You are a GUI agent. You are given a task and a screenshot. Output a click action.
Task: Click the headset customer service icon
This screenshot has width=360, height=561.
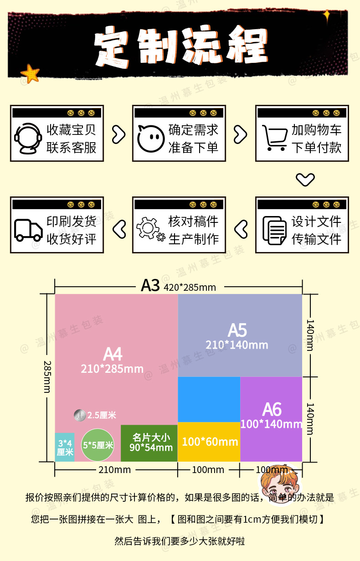(27, 138)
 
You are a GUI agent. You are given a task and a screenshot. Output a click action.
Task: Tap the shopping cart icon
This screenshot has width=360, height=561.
(275, 138)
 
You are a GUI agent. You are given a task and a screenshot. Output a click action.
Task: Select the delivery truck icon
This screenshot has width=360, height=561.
(28, 230)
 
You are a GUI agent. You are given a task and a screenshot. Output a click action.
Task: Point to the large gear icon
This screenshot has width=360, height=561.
(148, 228)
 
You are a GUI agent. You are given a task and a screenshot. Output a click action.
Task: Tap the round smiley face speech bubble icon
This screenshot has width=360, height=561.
(151, 139)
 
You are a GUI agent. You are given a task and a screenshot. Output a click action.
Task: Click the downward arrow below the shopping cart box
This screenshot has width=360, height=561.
(305, 180)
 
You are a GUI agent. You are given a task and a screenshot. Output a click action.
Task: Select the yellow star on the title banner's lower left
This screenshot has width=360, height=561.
(30, 73)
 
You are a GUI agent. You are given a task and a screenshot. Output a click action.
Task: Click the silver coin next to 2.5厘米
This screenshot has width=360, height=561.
(80, 415)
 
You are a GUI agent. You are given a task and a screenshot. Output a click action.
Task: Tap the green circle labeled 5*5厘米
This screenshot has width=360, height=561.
(98, 445)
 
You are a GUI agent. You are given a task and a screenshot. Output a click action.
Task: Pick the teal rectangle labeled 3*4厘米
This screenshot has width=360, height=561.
(65, 447)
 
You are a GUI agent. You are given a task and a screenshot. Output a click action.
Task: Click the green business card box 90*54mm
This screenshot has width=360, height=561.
(149, 443)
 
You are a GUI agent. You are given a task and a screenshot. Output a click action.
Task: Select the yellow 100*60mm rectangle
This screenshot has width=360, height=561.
(209, 442)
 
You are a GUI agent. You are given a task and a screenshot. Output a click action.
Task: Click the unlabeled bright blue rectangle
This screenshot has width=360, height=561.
(209, 400)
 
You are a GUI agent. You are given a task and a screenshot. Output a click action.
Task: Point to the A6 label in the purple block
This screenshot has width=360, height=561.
(272, 410)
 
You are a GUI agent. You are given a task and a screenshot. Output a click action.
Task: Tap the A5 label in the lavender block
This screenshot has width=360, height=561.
(237, 330)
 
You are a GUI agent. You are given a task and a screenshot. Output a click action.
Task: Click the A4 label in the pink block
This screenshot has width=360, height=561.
(113, 354)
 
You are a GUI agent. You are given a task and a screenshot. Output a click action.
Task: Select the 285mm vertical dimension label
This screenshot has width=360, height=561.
(47, 377)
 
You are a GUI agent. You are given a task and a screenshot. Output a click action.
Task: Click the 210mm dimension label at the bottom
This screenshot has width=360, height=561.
(115, 470)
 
